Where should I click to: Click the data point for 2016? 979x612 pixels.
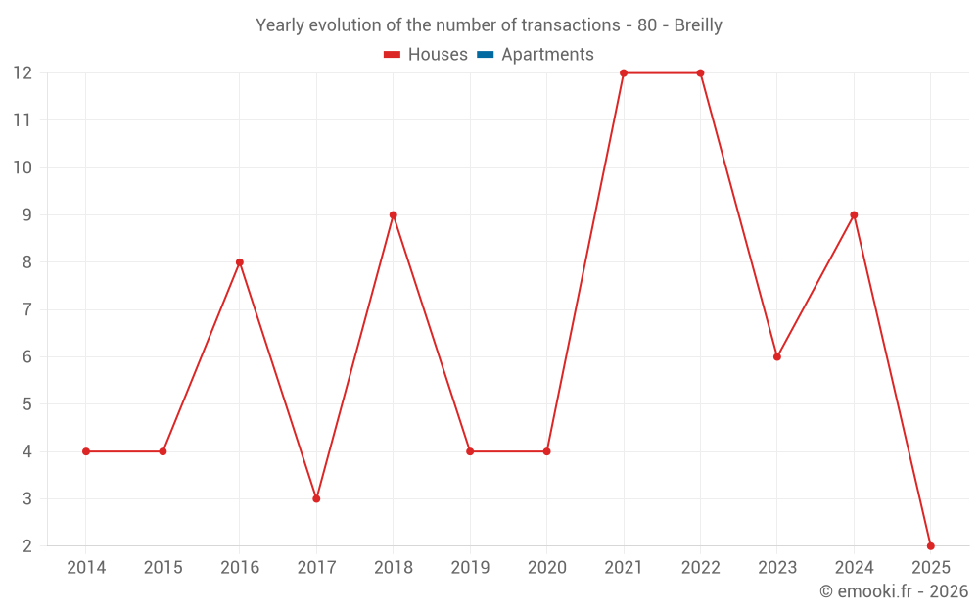coord(239,262)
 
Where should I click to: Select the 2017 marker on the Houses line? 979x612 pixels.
coord(316,498)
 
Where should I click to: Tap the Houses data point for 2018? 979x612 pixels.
coord(393,214)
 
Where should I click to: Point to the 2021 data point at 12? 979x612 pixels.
coord(624,73)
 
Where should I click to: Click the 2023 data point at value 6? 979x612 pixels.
coord(777,356)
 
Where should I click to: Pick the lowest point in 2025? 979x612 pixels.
coord(930,545)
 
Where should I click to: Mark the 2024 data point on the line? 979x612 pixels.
coord(854,214)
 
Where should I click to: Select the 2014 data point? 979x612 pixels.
coord(86,451)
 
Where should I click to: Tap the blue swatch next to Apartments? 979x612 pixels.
coord(485,55)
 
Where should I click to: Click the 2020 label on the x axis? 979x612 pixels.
coord(546,568)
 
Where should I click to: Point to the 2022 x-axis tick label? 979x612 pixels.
coord(700,568)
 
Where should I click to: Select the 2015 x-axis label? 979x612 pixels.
coord(163,568)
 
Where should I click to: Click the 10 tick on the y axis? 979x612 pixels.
coord(23,167)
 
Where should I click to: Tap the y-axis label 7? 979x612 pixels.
coord(27,309)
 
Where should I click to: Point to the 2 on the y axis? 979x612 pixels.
coord(27,546)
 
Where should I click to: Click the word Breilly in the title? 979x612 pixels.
coord(697,25)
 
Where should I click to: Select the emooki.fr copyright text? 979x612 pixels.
coord(894,591)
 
